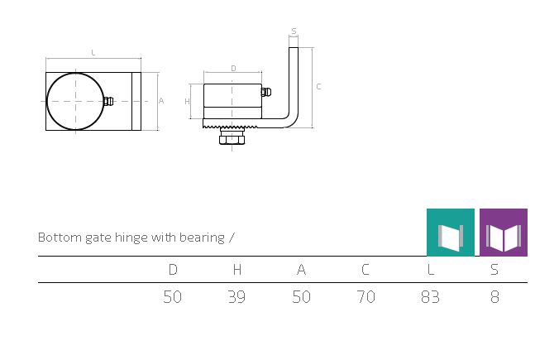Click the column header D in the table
click(173, 270)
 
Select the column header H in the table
click(237, 270)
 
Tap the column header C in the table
click(365, 270)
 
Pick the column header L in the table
click(431, 270)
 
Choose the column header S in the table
click(494, 270)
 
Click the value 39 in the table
click(236, 297)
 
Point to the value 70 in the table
click(365, 297)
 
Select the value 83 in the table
click(430, 297)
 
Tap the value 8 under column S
click(494, 297)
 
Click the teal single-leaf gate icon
click(451, 233)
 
